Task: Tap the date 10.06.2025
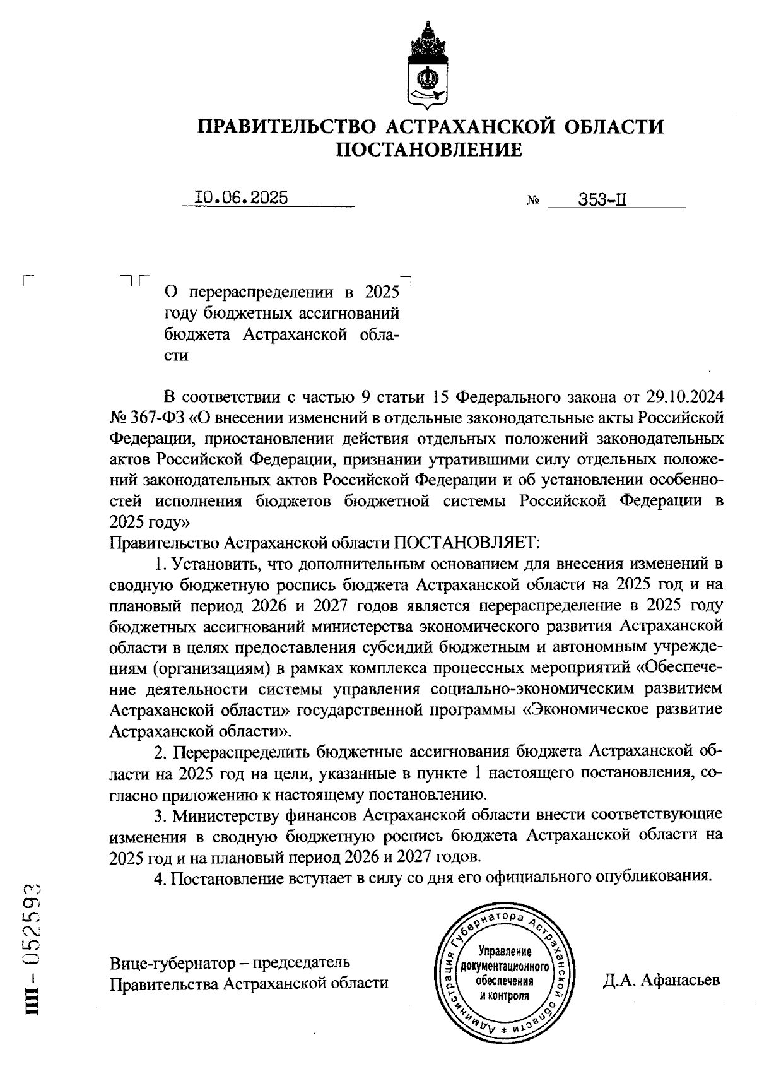[x=242, y=198]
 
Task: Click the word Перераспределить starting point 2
[x=242, y=752]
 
